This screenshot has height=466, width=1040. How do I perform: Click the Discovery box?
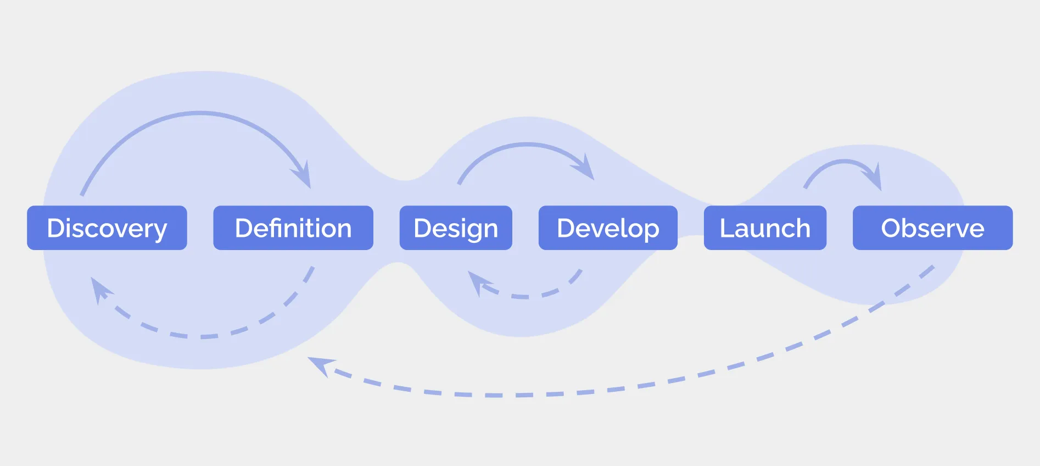(107, 228)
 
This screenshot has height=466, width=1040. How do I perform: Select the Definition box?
(293, 228)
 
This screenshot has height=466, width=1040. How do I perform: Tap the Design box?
(456, 228)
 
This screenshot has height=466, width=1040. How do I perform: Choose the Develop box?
(608, 228)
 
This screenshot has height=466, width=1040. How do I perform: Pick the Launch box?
(765, 228)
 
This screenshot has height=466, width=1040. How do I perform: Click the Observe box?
(932, 228)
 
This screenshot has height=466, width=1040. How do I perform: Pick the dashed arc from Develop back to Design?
(527, 297)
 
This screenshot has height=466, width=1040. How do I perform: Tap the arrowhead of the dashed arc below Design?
(476, 281)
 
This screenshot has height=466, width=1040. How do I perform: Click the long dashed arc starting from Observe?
(604, 390)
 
